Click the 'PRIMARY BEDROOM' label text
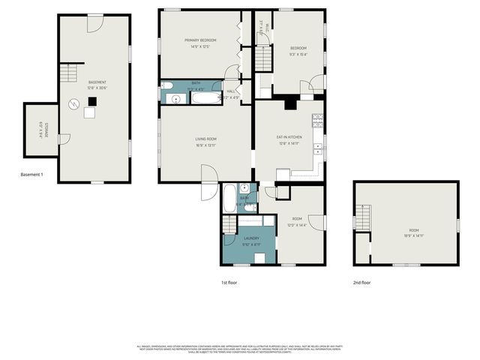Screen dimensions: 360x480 pos(200,40)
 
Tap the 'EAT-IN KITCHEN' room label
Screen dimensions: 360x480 pos(289,136)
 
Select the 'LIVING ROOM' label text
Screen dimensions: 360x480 pos(205,139)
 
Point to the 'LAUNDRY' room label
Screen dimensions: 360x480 pos(250,238)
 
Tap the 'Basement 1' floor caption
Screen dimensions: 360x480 pos(32,175)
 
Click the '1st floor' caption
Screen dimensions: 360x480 pos(229,283)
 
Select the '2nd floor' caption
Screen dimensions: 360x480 pos(361,283)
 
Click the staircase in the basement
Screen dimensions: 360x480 pos(68,73)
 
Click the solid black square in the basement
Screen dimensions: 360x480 pos(91,100)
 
